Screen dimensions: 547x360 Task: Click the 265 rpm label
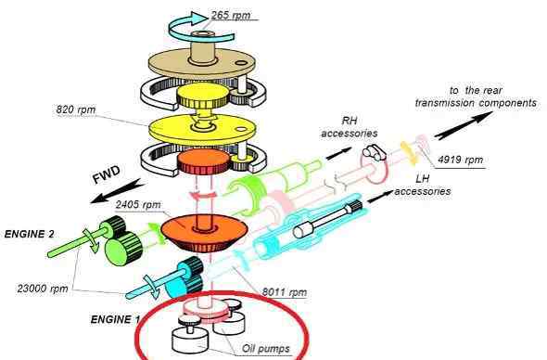231,15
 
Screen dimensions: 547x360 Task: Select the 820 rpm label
76,109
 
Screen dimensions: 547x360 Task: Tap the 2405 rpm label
138,204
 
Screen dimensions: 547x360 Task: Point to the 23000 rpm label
43,289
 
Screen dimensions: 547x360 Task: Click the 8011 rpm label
285,292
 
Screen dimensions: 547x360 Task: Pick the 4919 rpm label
460,160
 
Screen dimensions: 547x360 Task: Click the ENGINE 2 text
30,234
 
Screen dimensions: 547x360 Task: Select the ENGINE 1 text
116,319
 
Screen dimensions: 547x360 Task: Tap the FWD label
107,174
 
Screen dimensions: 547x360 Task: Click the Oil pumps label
266,349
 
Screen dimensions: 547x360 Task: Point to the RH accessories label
350,127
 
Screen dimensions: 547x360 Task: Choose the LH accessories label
423,185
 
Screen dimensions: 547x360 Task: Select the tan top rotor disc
201,64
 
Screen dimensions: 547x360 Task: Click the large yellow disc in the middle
201,129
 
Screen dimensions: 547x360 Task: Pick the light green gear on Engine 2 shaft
124,248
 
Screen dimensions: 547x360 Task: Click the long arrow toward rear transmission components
464,125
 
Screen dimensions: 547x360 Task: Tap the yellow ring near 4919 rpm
409,152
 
